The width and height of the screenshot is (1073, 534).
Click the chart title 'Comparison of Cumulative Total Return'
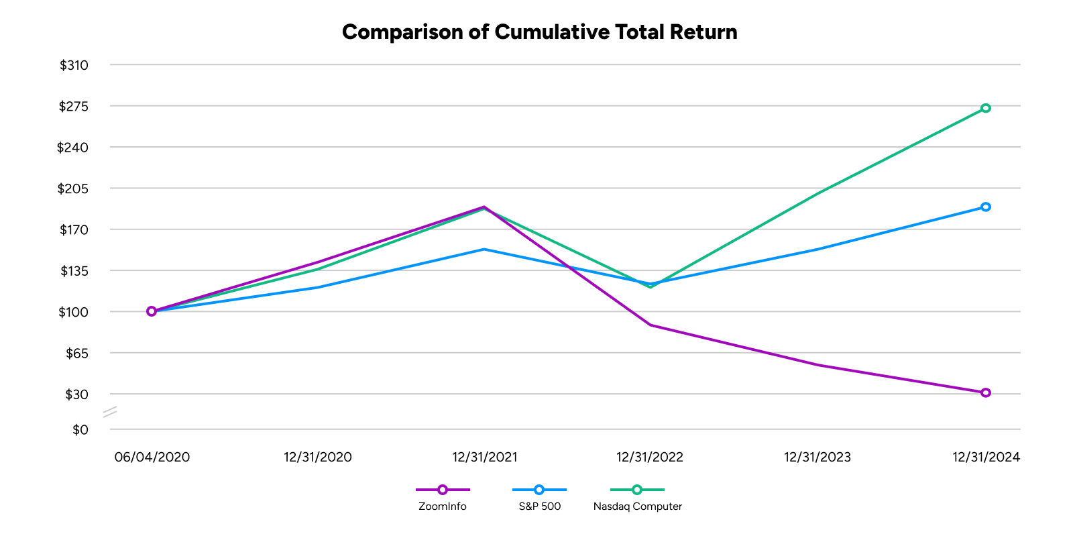539,32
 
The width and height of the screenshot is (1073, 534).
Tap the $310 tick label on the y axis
74,65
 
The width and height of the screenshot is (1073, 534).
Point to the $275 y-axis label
74,106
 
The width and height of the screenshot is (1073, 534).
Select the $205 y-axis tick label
74,189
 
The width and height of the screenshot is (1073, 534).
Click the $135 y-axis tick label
74,271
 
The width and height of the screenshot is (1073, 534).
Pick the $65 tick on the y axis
76,353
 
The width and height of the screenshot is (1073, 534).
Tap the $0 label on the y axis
80,429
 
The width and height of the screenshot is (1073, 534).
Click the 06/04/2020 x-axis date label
152,458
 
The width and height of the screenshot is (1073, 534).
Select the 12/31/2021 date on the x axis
484,458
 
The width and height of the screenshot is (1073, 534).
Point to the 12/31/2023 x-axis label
817,458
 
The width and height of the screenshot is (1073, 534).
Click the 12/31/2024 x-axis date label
986,458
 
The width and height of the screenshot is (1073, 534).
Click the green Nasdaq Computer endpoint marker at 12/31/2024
986,108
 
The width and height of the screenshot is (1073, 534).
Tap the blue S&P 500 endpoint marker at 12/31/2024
986,207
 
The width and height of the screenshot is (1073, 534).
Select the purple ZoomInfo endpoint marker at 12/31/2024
986,392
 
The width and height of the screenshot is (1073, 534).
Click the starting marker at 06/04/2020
152,311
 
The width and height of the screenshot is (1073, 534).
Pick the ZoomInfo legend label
442,506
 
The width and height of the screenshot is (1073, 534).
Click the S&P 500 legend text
539,506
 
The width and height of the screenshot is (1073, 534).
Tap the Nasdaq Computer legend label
637,506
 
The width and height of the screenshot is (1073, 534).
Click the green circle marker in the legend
636,490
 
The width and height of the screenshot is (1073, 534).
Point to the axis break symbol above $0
110,412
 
